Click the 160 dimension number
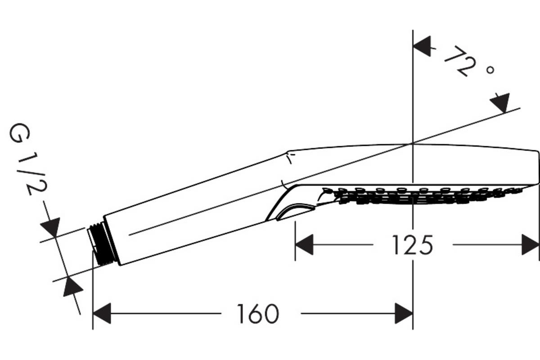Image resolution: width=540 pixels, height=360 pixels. click(258, 314)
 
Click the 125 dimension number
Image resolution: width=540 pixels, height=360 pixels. click(413, 245)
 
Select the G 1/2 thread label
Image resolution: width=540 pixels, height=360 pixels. click(27, 159)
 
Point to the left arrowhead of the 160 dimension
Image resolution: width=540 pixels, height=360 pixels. click(102, 314)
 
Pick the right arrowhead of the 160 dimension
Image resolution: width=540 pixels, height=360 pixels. click(404, 314)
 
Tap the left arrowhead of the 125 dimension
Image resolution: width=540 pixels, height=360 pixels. click(304, 244)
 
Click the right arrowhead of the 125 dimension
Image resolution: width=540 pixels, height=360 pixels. click(530, 244)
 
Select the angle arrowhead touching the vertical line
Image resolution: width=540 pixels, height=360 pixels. click(423, 46)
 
